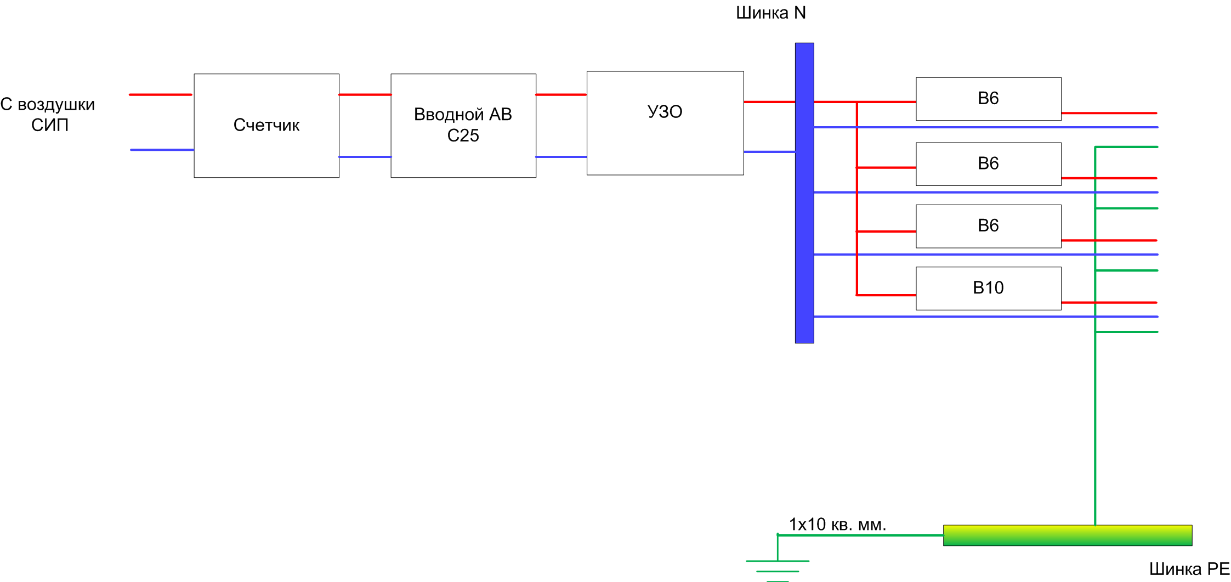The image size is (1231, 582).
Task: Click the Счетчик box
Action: pos(266,126)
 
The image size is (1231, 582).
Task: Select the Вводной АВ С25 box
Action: pos(463,126)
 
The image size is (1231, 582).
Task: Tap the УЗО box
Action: pos(665,123)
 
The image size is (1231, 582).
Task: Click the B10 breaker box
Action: pos(988,289)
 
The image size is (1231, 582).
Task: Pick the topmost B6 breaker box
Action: pos(988,99)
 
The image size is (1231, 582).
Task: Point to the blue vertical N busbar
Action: pos(804,219)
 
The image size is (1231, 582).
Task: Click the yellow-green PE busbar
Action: pos(1067,535)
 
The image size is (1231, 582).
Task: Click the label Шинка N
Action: pos(770,13)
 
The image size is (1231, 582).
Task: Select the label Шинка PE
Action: pos(1189,569)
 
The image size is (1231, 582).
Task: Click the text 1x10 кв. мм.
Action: pos(837,524)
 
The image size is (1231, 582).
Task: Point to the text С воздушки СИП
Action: pos(48,115)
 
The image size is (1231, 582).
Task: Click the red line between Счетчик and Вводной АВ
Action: pos(365,95)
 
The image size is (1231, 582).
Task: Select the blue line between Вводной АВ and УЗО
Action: pos(561,157)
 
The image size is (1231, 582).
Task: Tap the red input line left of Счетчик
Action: pos(161,95)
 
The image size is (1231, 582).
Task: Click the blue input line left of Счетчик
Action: pos(162,150)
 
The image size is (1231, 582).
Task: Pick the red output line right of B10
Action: pos(1109,302)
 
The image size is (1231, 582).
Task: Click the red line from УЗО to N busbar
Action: pos(769,102)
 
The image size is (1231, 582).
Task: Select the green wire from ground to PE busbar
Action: pos(861,535)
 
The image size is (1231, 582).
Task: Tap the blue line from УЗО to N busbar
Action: pos(769,152)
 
